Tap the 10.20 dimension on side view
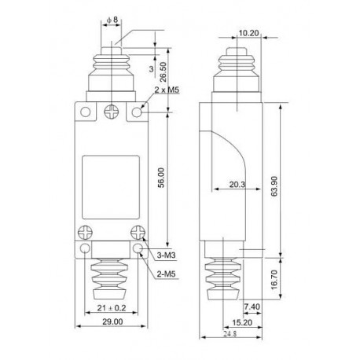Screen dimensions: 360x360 pos(248,34)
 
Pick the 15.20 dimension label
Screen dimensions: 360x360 pos(241,322)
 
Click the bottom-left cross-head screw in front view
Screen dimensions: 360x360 pos(84,233)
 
